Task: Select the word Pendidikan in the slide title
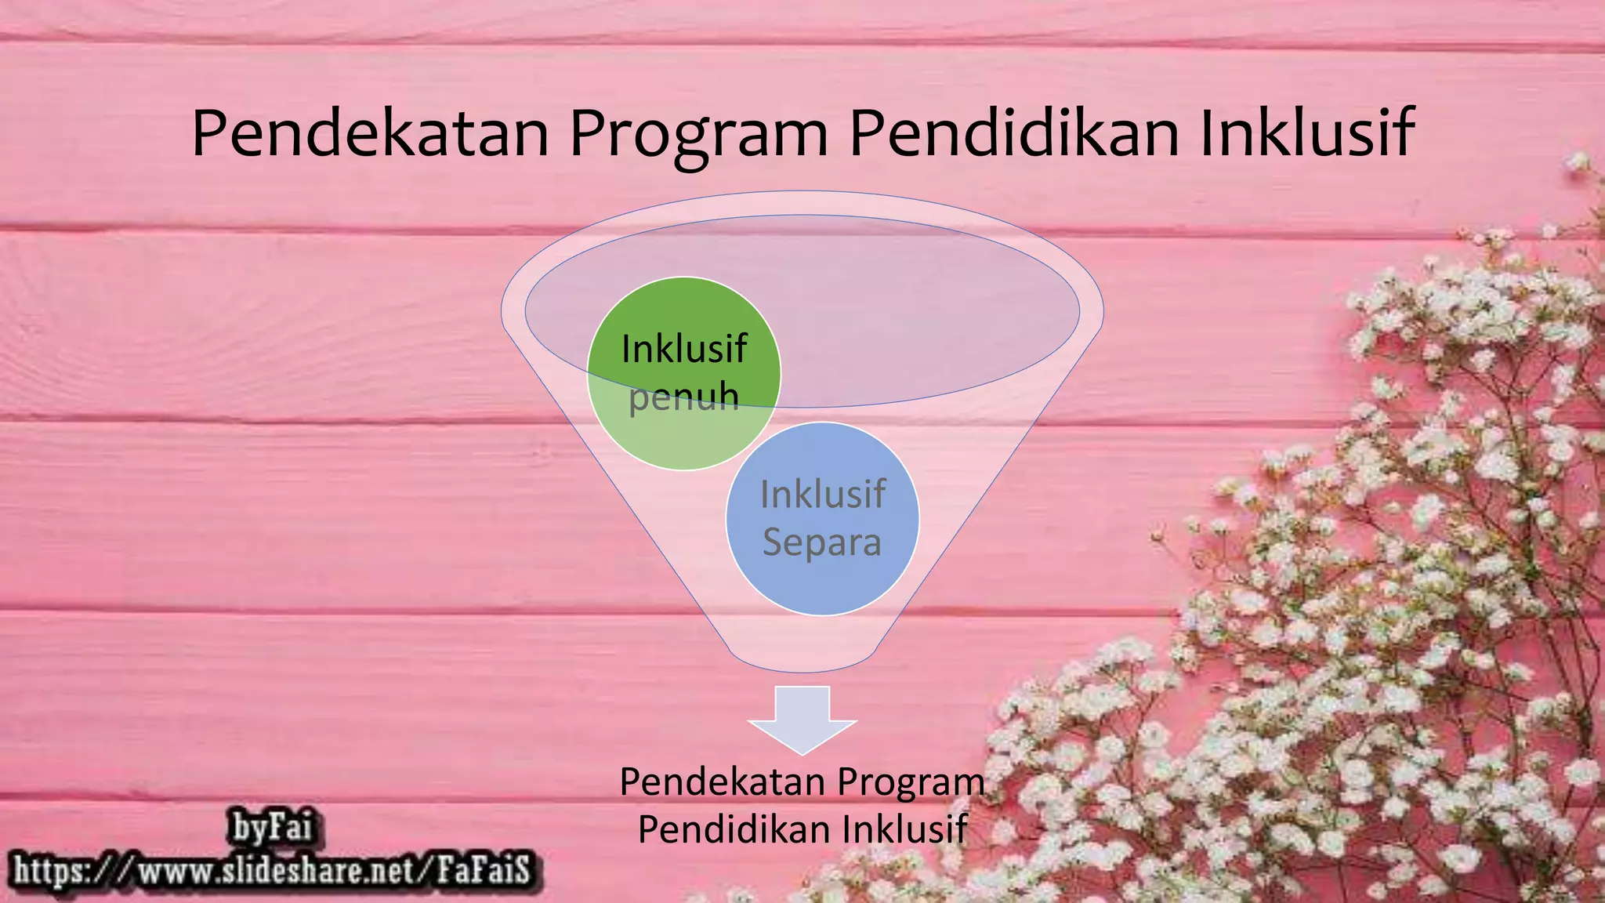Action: (x=1014, y=134)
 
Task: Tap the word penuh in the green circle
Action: (x=684, y=397)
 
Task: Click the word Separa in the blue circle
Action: (x=822, y=542)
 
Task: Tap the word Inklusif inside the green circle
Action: (x=684, y=349)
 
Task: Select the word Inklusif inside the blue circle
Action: (x=822, y=495)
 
